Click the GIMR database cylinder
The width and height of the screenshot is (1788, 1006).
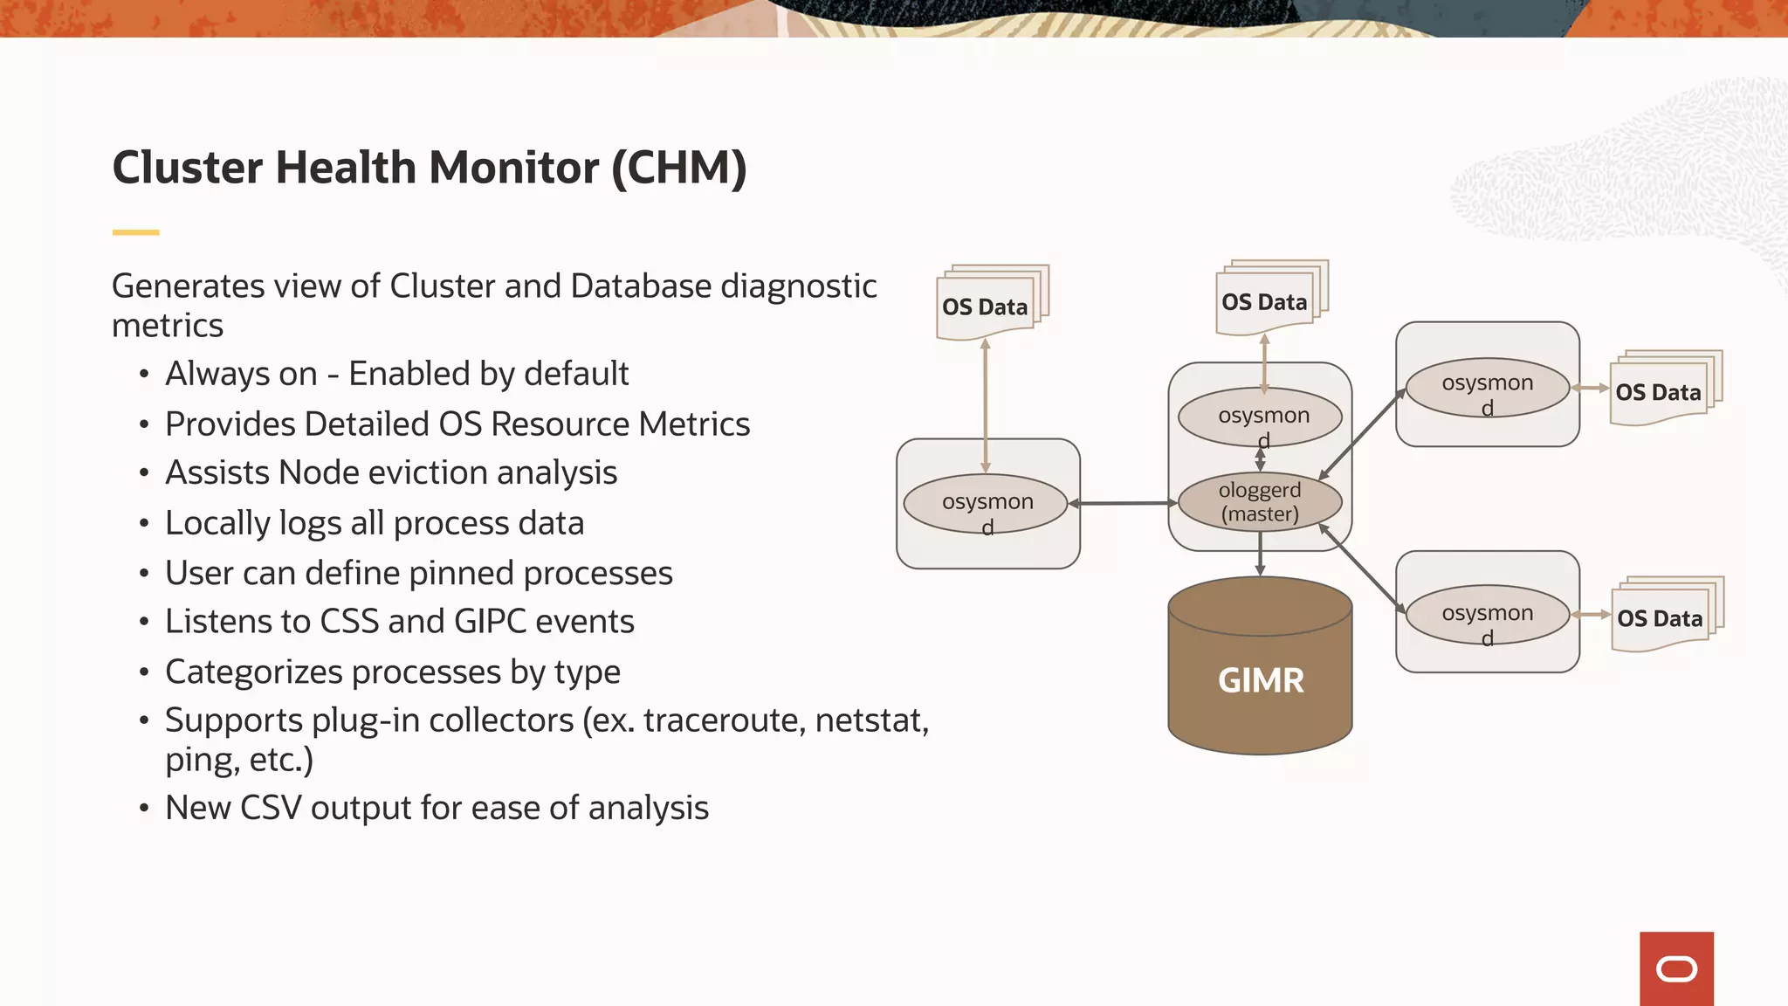(x=1260, y=672)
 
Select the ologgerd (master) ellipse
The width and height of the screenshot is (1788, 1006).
(x=1260, y=502)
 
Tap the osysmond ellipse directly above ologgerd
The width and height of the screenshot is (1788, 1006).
(x=1260, y=417)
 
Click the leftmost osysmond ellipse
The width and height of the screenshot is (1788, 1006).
(x=987, y=504)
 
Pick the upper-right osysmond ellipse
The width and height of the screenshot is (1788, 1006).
(x=1487, y=388)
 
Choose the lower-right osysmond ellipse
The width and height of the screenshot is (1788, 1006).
(x=1487, y=615)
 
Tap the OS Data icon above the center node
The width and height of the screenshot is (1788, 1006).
(x=1266, y=300)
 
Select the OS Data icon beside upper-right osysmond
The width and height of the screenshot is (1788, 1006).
(x=1660, y=391)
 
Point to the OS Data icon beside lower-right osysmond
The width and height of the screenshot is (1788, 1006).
(x=1661, y=617)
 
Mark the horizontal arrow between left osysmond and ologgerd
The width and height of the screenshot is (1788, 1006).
(x=1124, y=503)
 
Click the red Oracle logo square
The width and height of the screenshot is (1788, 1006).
(x=1676, y=968)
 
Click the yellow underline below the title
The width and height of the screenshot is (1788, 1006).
(x=135, y=232)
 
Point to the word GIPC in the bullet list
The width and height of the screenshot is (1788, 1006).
(x=490, y=622)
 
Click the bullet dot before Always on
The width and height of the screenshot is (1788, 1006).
(x=144, y=375)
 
